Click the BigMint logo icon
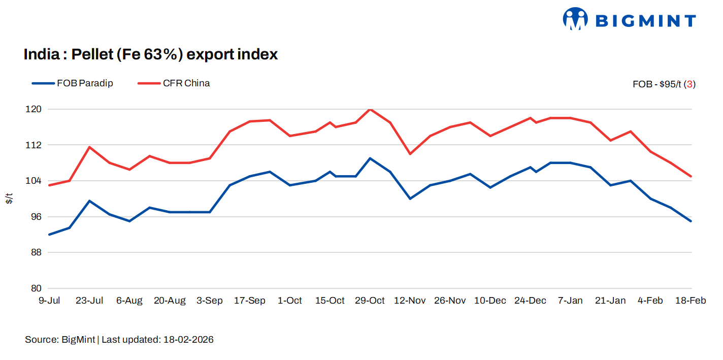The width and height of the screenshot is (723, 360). pos(575,19)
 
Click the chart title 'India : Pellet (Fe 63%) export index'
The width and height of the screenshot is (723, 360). pos(151,54)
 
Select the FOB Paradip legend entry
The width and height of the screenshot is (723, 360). pos(72,83)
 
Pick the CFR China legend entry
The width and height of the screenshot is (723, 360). pos(174,83)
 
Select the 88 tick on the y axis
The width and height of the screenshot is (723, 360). pos(36,252)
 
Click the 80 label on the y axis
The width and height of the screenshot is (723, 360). pos(36,288)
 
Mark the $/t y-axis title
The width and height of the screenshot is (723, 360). pos(9,199)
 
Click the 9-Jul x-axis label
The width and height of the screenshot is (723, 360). pos(50,301)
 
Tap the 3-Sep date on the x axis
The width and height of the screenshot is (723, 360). pos(210,301)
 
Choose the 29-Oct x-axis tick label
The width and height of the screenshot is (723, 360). pos(370,301)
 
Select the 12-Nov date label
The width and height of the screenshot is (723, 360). pos(410,301)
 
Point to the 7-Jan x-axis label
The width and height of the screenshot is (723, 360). pos(570,301)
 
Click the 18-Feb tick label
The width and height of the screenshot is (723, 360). pos(690,301)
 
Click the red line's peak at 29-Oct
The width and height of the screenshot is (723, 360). pos(370,109)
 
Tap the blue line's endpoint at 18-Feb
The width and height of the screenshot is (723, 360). pos(691,221)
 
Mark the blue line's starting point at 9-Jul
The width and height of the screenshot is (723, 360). pos(50,235)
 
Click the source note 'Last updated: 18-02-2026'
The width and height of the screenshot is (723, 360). pos(157,340)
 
